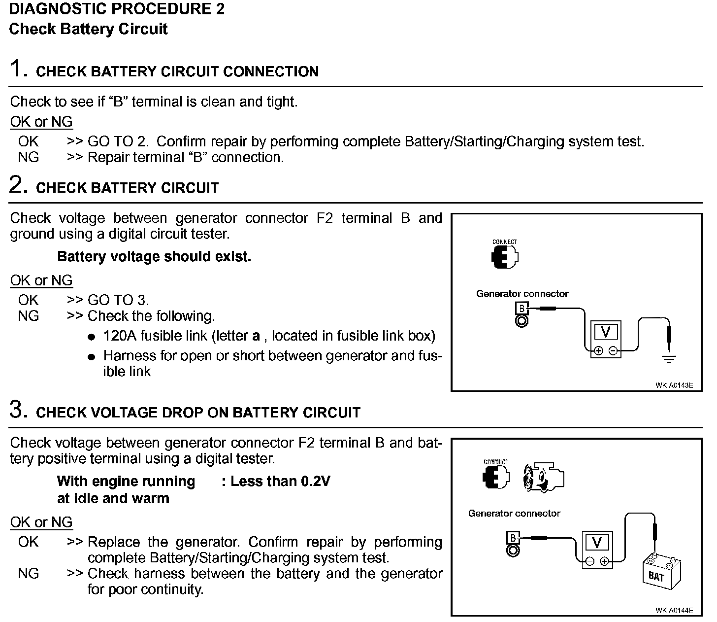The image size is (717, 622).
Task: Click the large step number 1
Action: coord(17,69)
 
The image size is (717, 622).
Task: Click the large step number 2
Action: coord(18,185)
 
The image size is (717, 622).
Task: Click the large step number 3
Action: coord(18,410)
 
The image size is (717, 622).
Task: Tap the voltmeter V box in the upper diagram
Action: coord(606,333)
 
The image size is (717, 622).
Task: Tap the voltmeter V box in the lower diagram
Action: coord(597,543)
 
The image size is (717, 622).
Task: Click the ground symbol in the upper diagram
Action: coord(668,358)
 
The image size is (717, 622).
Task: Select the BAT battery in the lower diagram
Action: coord(661,573)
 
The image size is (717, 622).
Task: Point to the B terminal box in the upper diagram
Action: coord(521,309)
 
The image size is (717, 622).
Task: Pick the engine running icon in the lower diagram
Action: coord(543,478)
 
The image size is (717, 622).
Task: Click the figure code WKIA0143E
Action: coord(674,385)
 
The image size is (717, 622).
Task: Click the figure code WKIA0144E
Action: coord(674,610)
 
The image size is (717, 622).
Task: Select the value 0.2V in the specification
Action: coord(315,481)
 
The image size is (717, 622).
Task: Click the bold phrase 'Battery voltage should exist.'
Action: coord(154,257)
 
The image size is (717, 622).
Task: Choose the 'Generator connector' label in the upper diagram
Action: coord(522,294)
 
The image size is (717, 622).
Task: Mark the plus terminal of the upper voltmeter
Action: coord(598,351)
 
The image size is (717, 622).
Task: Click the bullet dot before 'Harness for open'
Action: coord(91,357)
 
